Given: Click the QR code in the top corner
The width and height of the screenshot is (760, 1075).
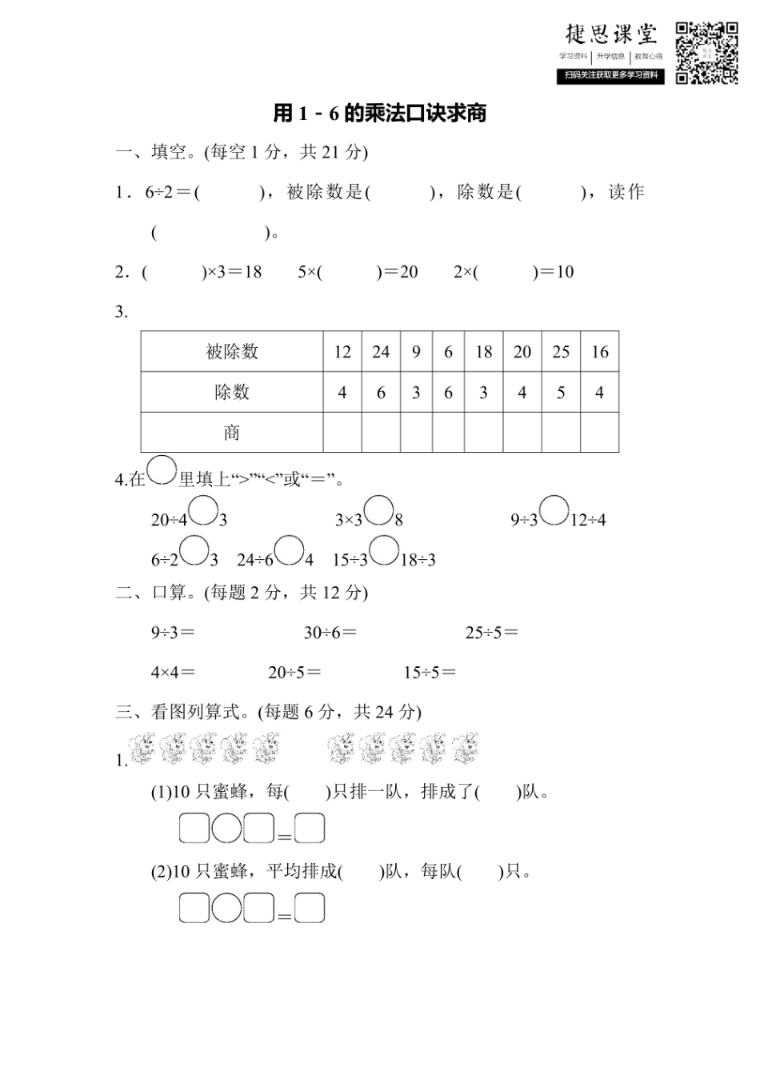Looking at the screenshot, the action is point(706,53).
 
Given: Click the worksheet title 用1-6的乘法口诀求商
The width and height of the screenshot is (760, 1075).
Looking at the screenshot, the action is point(380,114).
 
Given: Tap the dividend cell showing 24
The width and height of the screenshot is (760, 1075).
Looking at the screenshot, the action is point(381,352).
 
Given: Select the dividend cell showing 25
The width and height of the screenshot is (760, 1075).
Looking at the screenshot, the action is point(561,352).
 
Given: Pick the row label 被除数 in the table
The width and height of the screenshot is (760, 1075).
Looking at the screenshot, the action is point(232,352).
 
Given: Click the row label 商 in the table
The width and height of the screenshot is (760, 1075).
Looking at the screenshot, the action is point(232,433).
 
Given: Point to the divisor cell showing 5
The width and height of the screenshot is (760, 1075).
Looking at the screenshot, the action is point(561,393).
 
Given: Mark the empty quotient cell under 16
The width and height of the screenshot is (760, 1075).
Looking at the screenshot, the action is point(599,433).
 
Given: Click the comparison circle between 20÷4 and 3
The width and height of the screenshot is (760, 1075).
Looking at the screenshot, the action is point(204,510).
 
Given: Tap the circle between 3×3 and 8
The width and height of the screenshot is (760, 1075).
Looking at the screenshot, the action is point(378,510).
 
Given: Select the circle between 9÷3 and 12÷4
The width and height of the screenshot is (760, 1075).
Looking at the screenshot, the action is point(554,510).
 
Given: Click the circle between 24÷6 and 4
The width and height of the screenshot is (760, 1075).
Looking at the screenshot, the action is point(289,550).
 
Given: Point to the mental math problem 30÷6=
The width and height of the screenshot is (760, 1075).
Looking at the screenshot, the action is point(330,633).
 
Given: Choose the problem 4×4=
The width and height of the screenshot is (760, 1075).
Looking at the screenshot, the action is point(173,673).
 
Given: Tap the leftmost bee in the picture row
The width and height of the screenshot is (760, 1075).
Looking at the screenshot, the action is point(143,748).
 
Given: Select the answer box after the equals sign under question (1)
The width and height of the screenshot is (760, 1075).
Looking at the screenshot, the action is point(310,829).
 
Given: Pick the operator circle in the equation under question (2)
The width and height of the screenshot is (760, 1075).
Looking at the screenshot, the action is point(226,909).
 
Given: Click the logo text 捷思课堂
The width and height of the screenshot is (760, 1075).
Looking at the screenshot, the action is point(611,34).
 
